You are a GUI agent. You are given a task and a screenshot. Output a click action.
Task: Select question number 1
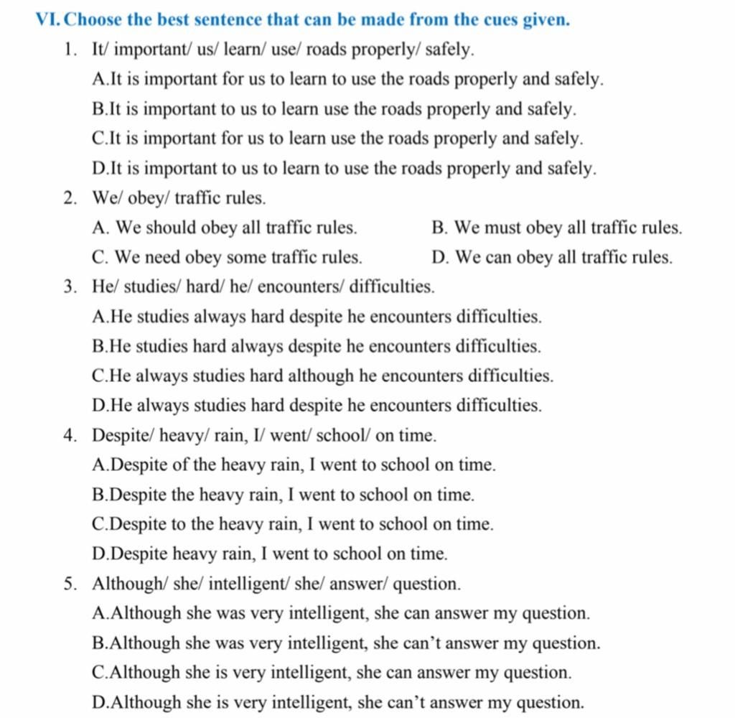tap(70, 50)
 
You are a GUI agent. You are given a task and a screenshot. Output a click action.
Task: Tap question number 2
tap(70, 198)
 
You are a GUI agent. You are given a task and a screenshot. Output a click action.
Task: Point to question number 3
tap(70, 287)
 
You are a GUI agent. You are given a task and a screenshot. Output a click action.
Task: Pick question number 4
tap(70, 436)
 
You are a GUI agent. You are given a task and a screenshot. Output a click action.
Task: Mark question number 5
tap(70, 584)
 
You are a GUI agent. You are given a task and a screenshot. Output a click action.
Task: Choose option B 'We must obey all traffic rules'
tap(556, 228)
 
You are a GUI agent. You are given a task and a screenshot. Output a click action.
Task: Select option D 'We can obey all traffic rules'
tap(552, 258)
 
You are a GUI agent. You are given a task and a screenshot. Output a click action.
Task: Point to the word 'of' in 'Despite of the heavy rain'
tap(182, 465)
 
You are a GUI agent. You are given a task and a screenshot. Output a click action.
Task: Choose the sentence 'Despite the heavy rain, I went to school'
tap(284, 495)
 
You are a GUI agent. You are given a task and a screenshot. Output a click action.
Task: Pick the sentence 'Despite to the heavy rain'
tap(293, 525)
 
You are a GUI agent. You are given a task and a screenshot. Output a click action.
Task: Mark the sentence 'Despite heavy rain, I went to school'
tap(270, 554)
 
